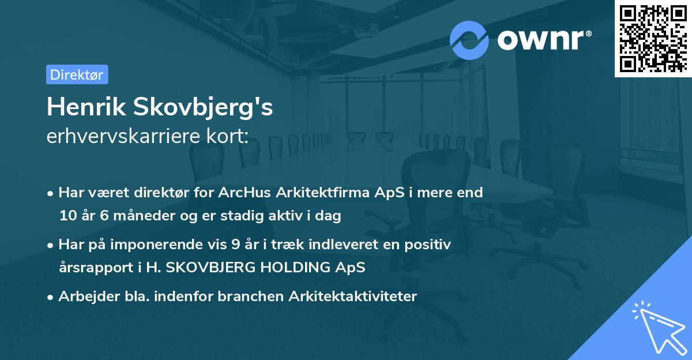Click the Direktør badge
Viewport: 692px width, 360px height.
click(x=77, y=74)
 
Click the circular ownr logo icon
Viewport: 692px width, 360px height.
click(x=469, y=40)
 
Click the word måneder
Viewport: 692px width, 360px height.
click(x=141, y=216)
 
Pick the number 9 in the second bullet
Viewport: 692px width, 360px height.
click(x=235, y=245)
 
